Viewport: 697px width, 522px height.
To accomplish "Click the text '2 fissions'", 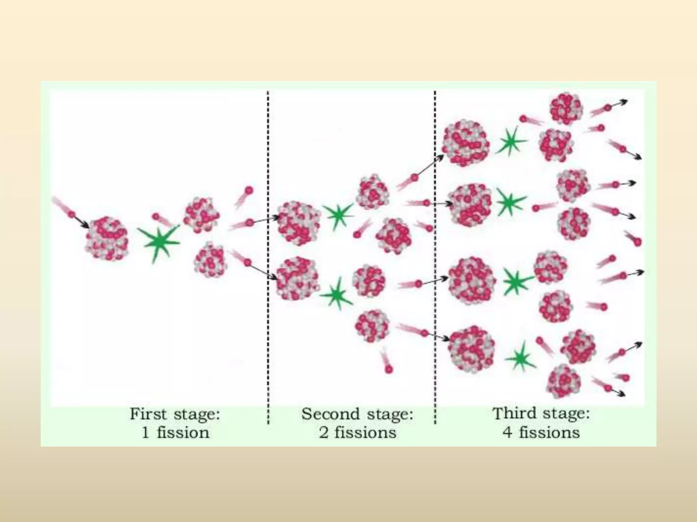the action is [x=357, y=433].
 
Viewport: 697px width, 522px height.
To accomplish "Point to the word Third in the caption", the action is [x=512, y=414].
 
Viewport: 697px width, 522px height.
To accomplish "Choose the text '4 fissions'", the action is [x=541, y=432].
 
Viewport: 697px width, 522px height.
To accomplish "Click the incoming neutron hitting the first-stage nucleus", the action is [x=71, y=214].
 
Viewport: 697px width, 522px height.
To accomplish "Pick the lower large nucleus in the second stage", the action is [x=297, y=279].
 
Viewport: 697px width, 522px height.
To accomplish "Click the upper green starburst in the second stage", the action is [x=338, y=215].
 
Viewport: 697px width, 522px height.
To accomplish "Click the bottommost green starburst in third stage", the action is [x=520, y=358].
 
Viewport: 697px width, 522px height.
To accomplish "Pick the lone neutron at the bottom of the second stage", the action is [x=389, y=369].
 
